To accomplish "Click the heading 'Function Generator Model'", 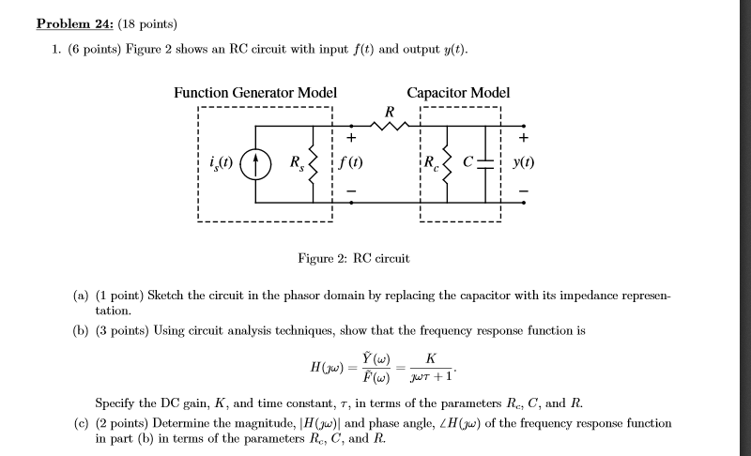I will [x=255, y=92].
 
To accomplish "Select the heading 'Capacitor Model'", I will [x=458, y=92].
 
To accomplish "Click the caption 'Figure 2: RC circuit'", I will [x=353, y=257].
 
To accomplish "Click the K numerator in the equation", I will [x=430, y=358].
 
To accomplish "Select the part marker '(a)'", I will [x=82, y=295].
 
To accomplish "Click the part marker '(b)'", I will [x=82, y=331].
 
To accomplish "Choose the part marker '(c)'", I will [x=82, y=423].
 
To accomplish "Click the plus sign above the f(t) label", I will [x=353, y=140].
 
